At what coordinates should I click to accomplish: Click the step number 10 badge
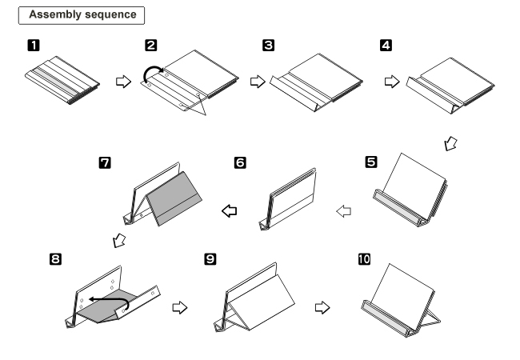click(366, 261)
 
